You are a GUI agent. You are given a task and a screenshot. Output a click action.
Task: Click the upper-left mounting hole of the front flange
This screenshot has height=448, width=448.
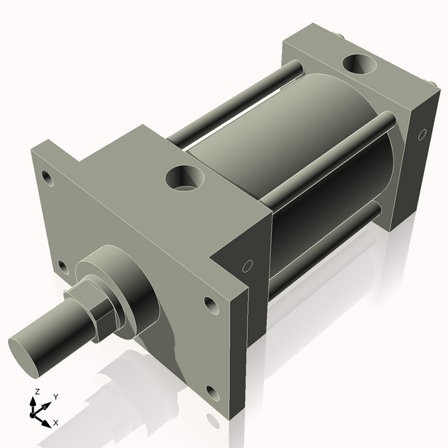click(x=47, y=178)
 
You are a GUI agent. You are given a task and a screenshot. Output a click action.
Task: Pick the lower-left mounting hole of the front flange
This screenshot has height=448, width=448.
click(x=63, y=266)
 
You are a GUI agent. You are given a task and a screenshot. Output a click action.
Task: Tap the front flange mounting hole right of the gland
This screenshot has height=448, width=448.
click(x=210, y=304)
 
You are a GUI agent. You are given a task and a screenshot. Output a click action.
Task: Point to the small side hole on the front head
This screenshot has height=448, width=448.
click(x=247, y=265)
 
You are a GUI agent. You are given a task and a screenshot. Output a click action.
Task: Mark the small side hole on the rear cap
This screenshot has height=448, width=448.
click(x=422, y=135)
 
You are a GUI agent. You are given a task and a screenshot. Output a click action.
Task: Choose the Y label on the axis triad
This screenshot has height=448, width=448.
click(x=55, y=396)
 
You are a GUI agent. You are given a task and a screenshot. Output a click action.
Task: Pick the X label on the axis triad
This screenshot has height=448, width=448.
click(x=55, y=423)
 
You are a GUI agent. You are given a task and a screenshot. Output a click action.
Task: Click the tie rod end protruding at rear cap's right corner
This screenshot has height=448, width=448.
click(x=431, y=84)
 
